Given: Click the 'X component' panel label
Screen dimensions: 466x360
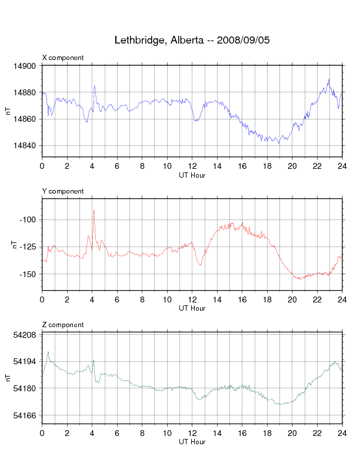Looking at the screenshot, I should coord(63,58).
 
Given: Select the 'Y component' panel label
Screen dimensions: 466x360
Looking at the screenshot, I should coord(63,191).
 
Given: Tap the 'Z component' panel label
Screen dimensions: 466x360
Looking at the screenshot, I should coord(63,325).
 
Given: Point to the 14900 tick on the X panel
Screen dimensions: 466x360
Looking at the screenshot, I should coord(28,66).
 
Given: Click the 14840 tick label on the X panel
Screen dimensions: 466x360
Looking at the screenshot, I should coord(28,146).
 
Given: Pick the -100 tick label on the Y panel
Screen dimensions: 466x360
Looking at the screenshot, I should coord(29,220).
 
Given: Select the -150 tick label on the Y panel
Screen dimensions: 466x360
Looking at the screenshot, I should coord(29,274).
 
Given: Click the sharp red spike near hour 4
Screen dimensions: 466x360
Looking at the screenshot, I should coord(93,210).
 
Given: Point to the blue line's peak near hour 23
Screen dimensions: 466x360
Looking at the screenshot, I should coord(329,79).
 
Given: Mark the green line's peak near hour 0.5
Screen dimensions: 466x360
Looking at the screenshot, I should coord(48,352).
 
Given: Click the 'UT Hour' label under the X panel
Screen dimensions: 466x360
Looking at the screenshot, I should coord(192,175).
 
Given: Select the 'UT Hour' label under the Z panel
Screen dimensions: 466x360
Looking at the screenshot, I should coord(192,442).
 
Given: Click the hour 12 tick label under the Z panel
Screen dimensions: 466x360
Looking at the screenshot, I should coord(192,433).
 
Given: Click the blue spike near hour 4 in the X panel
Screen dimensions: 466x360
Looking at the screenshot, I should coord(94,86).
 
